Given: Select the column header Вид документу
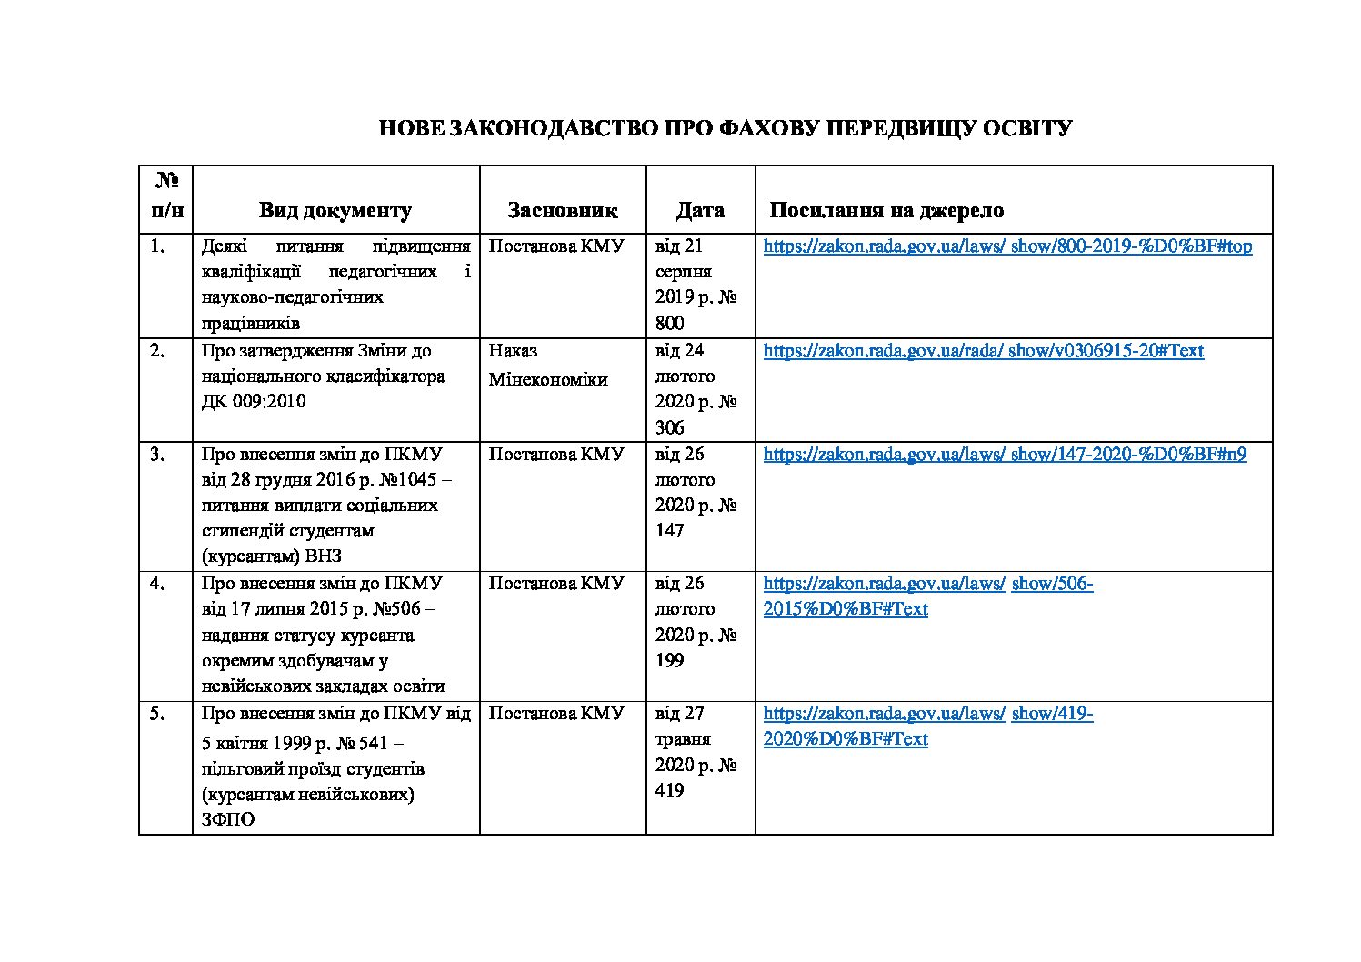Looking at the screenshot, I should coord(335,211).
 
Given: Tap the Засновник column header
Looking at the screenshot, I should coord(562,211).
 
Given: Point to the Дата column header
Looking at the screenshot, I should coord(700,211).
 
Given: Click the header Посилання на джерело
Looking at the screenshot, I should coord(886,211).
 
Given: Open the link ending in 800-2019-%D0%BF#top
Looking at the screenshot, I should coord(1007,246).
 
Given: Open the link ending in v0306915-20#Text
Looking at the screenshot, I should coord(983,350).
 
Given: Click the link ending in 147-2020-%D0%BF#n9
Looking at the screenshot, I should coord(1005,454).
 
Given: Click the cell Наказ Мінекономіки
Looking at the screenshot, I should coord(547,365).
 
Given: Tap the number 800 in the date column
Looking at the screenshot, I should coord(669,323).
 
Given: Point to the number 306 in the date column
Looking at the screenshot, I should coord(669,427).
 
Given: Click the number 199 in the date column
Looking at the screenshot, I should coord(669,660).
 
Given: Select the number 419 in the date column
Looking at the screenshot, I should coord(669,790).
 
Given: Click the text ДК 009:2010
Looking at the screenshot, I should coord(254,401).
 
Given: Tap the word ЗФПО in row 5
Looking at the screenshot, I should coord(228,819).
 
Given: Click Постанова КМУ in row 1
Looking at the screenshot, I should coord(556,246).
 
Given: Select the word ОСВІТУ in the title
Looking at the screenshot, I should coord(1028,128).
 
